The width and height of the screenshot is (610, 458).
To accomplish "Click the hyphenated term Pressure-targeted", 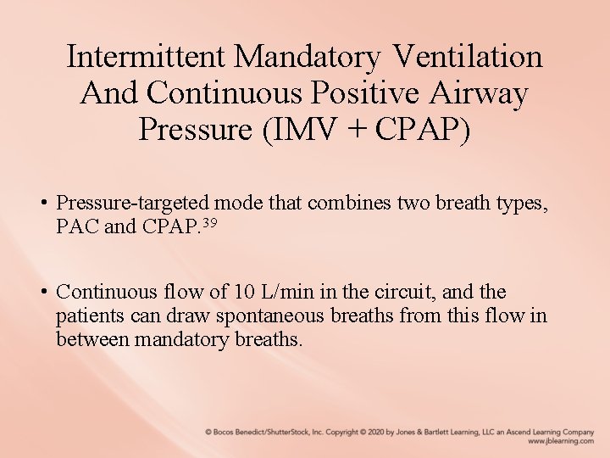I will pos(133,203).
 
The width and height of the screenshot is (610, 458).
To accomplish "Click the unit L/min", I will pos(285,293).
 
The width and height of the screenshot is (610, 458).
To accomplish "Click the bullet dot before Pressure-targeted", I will pos(42,204).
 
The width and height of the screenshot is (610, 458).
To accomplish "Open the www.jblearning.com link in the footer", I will pos(560,441).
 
